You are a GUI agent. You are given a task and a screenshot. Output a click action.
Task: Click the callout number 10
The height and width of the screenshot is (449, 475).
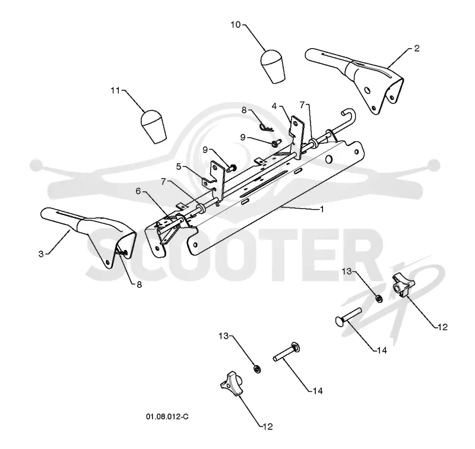[235, 24]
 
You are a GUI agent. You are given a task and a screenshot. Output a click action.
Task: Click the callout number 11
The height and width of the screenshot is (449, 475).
[115, 90]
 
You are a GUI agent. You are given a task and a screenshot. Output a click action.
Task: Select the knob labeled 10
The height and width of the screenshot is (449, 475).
[273, 67]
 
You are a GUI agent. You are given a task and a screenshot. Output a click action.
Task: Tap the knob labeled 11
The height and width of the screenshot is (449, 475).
[154, 126]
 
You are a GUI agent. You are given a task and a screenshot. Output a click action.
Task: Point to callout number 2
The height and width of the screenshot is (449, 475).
[417, 49]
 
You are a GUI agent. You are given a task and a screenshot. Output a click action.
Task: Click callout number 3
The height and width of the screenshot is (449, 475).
[41, 254]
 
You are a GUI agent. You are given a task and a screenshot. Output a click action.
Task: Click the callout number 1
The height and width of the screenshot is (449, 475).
[322, 209]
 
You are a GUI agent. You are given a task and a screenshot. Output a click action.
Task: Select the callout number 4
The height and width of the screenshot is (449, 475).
[274, 106]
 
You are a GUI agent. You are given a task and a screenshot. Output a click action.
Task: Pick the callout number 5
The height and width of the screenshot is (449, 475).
[179, 166]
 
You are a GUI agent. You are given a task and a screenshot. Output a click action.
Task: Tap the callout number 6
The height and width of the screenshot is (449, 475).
[138, 191]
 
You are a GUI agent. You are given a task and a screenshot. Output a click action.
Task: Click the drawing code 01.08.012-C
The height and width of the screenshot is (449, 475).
[167, 416]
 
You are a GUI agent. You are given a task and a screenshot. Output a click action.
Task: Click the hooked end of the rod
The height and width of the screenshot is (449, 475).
[349, 113]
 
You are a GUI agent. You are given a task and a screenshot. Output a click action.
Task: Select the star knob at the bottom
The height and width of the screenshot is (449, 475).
[232, 383]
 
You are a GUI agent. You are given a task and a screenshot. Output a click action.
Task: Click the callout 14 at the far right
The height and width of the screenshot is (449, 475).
[382, 350]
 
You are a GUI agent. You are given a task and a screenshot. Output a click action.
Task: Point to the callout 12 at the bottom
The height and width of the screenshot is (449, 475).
[268, 426]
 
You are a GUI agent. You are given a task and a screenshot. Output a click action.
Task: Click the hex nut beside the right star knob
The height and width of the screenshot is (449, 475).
[379, 299]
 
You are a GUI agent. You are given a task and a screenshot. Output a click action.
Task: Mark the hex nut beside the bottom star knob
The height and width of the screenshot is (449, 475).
[257, 369]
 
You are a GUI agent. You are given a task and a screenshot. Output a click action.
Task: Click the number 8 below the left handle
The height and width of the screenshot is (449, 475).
[139, 285]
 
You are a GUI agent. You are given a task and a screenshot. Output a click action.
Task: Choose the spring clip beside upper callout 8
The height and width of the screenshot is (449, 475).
[267, 127]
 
